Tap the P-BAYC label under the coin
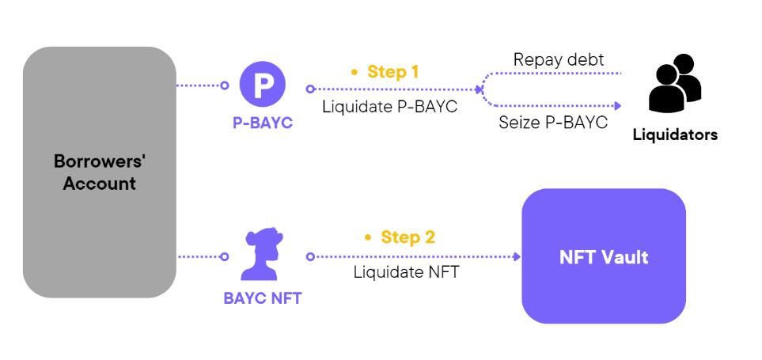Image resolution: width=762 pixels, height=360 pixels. (262, 123)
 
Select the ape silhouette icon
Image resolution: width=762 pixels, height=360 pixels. (261, 254)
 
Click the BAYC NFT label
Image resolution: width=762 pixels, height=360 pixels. (261, 298)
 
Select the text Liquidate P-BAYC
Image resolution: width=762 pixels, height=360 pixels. (389, 107)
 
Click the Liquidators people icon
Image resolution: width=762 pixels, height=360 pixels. (674, 85)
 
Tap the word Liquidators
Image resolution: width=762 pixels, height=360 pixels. (675, 135)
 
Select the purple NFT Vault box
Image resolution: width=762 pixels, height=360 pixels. (603, 256)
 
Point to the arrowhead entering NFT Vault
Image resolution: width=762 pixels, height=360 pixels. (517, 256)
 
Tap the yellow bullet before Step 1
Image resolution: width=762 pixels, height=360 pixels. (355, 72)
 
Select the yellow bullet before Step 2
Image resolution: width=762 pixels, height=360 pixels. (369, 237)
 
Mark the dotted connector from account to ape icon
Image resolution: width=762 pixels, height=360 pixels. (201, 256)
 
